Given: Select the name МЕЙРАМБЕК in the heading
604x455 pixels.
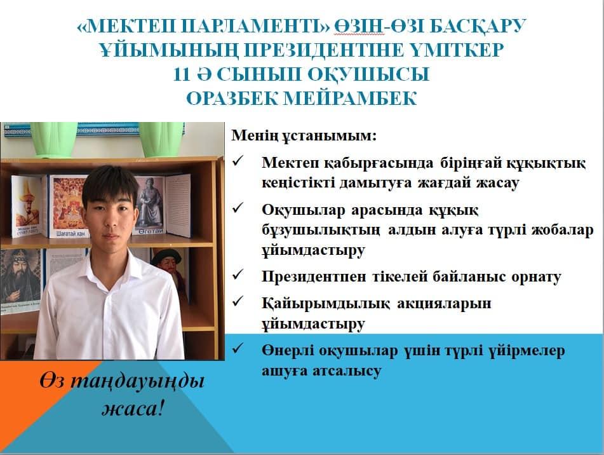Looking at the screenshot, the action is (351, 98).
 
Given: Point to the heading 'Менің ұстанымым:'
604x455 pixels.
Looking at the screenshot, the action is (304, 135).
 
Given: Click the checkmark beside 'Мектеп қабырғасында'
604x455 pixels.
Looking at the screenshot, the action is (238, 160).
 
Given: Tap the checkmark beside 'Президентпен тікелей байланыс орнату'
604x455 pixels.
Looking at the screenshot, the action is (238, 275).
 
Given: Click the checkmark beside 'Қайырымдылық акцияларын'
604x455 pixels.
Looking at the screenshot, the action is (238, 301).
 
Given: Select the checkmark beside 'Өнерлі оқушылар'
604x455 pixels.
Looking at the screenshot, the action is (238, 348).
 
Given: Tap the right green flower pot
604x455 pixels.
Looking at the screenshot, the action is (161, 139).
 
